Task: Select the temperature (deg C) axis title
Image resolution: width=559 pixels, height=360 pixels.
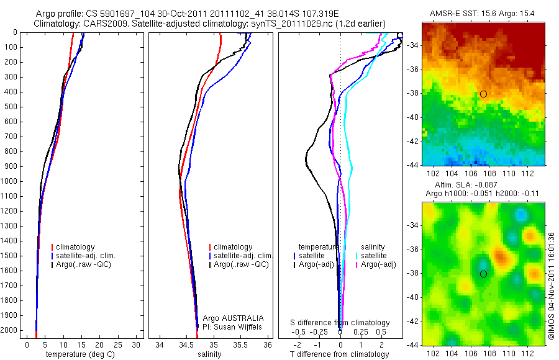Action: click(82, 354)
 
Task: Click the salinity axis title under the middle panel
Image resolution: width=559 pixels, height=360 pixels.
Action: click(207, 354)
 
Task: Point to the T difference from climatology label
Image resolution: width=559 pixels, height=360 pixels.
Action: click(340, 354)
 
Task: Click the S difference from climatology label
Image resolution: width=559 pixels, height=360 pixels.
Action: click(340, 323)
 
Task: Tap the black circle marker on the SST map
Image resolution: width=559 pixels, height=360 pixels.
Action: click(483, 94)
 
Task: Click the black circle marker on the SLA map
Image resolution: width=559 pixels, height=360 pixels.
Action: click(483, 274)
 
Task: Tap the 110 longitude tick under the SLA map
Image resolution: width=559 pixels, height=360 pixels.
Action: click(509, 353)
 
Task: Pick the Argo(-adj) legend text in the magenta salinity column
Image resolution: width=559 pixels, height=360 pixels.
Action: click(379, 265)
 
